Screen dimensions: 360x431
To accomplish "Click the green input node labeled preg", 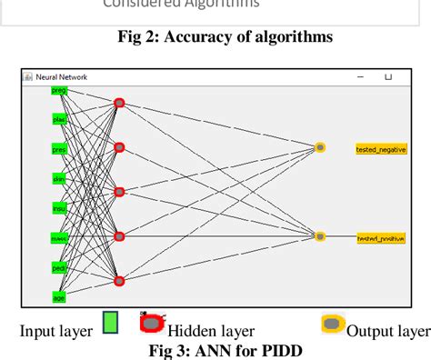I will (60, 91).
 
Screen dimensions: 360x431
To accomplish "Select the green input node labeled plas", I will (60, 119).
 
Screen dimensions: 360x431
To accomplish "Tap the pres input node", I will (60, 149).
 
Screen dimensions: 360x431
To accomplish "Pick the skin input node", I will (60, 179).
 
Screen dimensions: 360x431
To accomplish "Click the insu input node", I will (60, 208).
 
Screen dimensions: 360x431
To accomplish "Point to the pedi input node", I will (60, 267).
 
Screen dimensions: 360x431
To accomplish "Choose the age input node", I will (60, 296).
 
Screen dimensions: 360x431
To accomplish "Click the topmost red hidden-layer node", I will (119, 103).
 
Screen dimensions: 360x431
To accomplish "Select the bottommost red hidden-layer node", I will (119, 281).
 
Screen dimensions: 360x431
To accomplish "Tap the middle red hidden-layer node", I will (119, 192).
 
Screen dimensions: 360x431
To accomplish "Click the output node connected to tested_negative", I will (319, 147).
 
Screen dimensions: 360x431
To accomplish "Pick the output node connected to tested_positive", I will (319, 236).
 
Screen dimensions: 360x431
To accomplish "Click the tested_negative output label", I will (381, 148).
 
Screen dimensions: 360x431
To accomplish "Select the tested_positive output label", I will (381, 237).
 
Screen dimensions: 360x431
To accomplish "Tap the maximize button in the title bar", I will (389, 78).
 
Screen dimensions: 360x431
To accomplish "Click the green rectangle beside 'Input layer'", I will (110, 324).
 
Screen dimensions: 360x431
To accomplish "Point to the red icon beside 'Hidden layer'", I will (152, 323).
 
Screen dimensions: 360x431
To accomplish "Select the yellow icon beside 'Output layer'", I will (333, 325).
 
